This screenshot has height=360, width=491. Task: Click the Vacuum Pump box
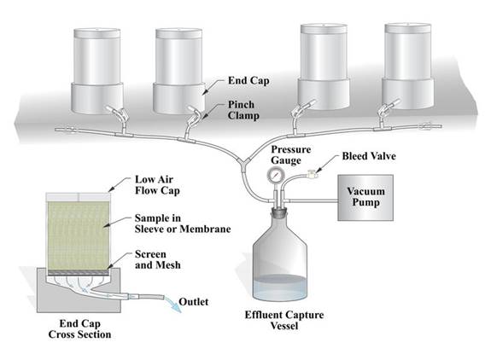(x=365, y=198)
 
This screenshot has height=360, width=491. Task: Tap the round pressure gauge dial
(x=275, y=175)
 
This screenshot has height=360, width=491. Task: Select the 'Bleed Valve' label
(x=369, y=156)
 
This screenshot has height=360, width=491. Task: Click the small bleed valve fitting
(x=312, y=173)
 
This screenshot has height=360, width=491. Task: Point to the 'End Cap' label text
(x=248, y=80)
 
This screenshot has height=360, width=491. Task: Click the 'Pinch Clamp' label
(x=243, y=110)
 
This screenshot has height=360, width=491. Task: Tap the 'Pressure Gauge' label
(x=291, y=154)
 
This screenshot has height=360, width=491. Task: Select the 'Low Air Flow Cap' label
(x=157, y=185)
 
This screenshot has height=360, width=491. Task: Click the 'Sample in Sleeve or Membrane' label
(x=183, y=224)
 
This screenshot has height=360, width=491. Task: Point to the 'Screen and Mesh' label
(x=158, y=259)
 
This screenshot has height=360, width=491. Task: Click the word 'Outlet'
(x=194, y=301)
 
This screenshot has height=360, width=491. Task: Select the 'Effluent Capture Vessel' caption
(x=284, y=320)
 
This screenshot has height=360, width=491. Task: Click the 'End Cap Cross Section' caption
(x=79, y=328)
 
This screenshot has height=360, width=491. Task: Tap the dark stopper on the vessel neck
(x=278, y=213)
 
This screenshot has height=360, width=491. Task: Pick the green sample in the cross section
(x=79, y=235)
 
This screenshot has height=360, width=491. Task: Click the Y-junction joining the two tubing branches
(x=243, y=163)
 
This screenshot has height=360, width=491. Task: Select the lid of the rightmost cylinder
(x=407, y=28)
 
